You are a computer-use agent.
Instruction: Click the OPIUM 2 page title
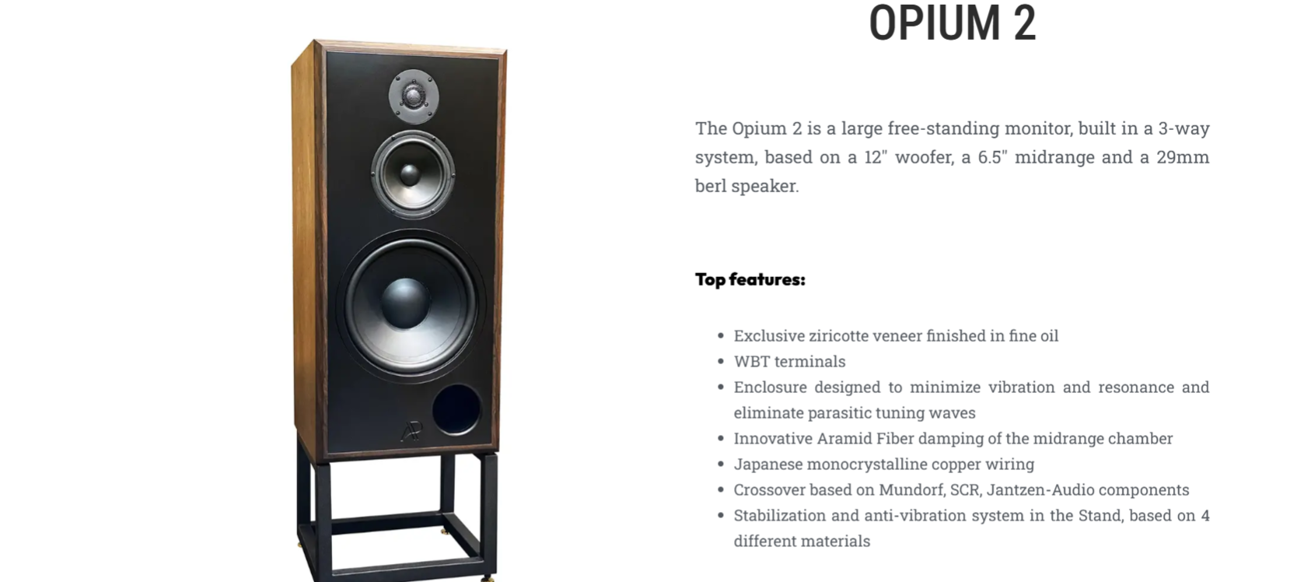tap(953, 23)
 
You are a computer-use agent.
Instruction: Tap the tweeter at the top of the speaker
tap(414, 96)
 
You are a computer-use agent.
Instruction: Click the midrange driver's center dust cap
tap(411, 175)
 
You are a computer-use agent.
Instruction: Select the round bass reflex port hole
tap(457, 409)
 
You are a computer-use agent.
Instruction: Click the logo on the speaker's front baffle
tap(411, 431)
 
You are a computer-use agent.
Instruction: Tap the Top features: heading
tap(750, 279)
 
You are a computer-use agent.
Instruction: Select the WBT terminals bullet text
tap(789, 362)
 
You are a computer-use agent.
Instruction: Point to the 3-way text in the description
tap(1184, 128)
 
